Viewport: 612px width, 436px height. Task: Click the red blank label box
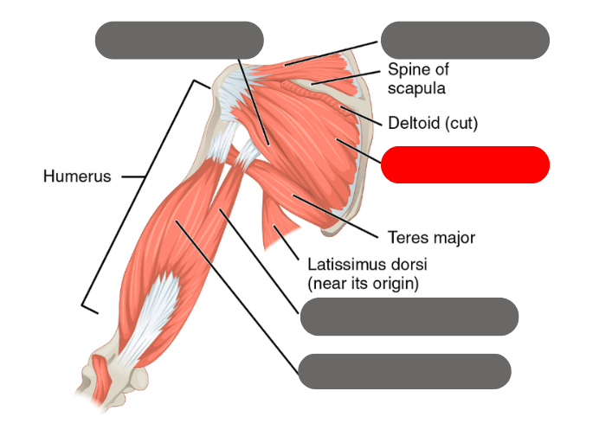(465, 164)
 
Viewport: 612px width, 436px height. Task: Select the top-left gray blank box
(179, 41)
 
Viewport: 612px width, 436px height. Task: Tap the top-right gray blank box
(465, 41)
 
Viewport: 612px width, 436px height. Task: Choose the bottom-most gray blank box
(404, 371)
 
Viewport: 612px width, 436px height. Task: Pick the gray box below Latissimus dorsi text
(409, 317)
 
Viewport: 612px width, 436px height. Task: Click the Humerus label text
(77, 176)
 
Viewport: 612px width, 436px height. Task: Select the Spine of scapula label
(418, 78)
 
